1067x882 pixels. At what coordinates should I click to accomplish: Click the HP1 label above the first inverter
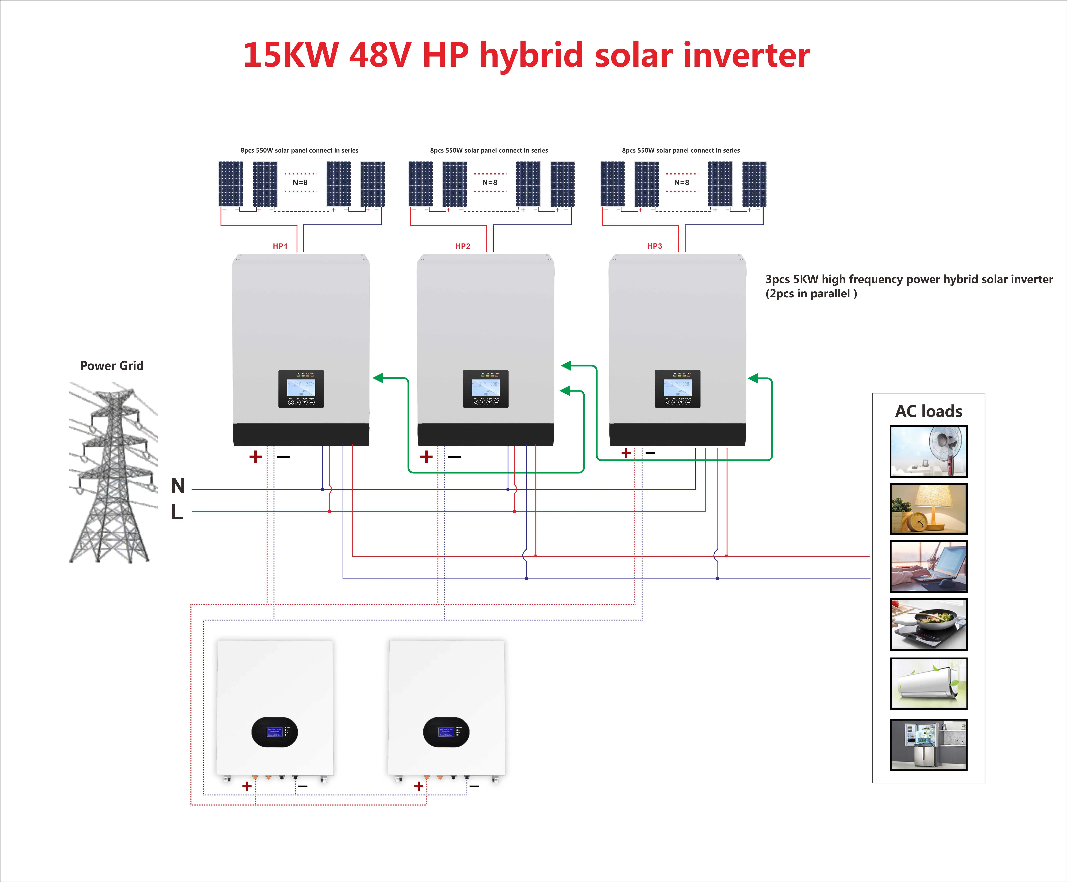click(x=280, y=246)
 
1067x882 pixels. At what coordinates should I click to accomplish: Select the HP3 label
click(x=654, y=246)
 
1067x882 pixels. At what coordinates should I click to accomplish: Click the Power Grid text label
click(x=112, y=366)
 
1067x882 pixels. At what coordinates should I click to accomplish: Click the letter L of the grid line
click(x=177, y=512)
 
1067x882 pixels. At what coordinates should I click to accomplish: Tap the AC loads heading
click(x=928, y=411)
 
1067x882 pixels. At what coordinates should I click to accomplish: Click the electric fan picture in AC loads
click(x=928, y=451)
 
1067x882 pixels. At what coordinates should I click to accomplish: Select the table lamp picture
click(x=928, y=509)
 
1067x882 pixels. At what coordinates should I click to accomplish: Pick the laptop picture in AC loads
click(x=928, y=566)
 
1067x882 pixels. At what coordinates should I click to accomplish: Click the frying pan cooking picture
click(x=928, y=624)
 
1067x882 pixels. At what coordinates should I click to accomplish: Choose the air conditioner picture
click(x=928, y=683)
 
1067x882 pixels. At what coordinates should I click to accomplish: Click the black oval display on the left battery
click(x=274, y=732)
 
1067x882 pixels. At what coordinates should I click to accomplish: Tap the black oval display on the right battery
click(x=446, y=732)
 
